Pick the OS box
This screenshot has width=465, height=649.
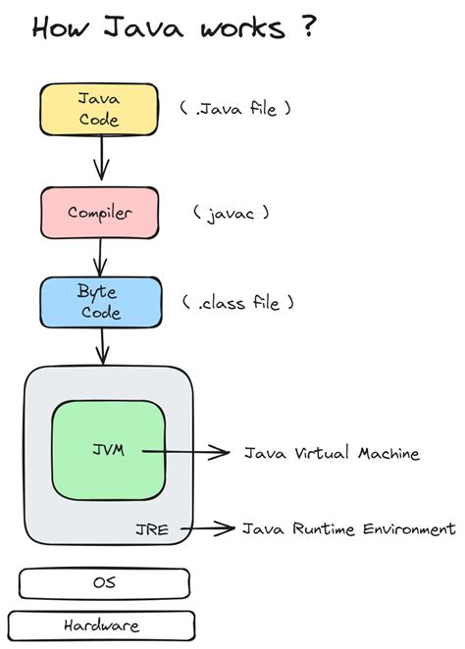(104, 582)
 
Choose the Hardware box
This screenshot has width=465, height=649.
(101, 624)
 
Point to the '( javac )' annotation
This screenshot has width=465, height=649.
(232, 212)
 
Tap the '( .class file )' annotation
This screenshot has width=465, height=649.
(236, 303)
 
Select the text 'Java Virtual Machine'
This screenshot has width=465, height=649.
(332, 453)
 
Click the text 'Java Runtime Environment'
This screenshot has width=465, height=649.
(349, 529)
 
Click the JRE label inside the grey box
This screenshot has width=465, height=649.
(151, 529)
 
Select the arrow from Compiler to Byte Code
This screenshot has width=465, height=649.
(99, 256)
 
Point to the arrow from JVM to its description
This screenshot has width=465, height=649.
(186, 452)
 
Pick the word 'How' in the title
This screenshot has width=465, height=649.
(64, 28)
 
